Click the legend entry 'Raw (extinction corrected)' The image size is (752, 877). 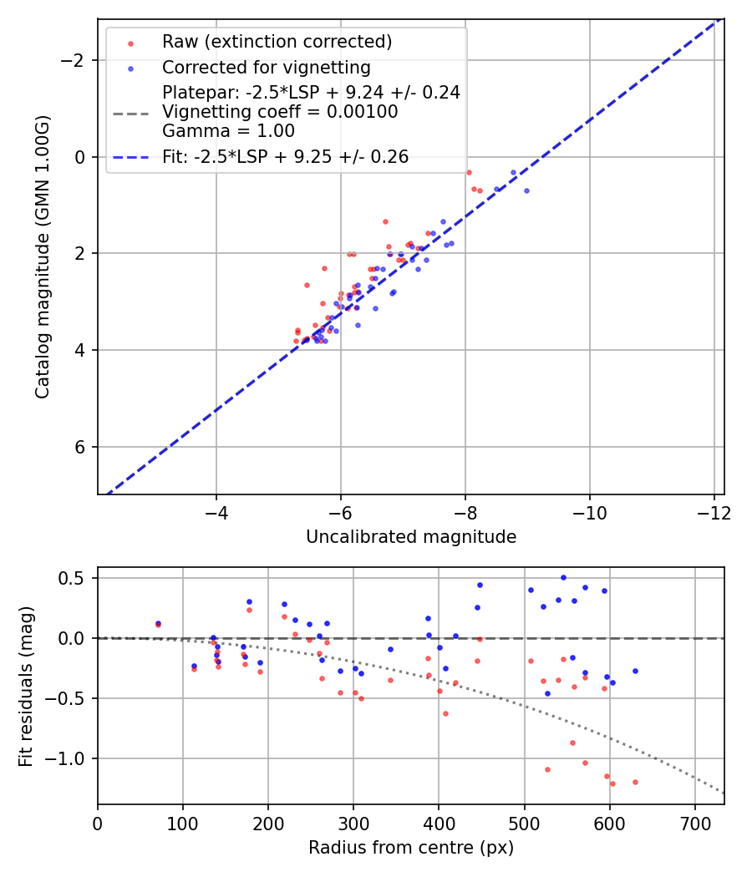pos(277,42)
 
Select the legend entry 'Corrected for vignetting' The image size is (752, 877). pos(266,67)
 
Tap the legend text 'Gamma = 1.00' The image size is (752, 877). pos(228,130)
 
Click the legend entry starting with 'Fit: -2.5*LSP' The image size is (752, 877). pos(285,156)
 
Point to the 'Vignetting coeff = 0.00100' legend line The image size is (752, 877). pos(280,112)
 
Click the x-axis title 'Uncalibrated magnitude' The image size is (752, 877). pos(411,537)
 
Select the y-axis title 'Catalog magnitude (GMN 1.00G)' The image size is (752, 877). pos(43,257)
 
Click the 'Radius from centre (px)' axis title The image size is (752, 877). pos(411,848)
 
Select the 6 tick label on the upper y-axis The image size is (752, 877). pos(81,447)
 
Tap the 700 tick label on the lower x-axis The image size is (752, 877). pos(695,823)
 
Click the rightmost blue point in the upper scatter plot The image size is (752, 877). pos(526,190)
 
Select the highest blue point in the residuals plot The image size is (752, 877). pos(563,577)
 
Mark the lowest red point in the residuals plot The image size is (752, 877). pos(612,783)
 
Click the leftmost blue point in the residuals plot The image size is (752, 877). pos(158,623)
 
